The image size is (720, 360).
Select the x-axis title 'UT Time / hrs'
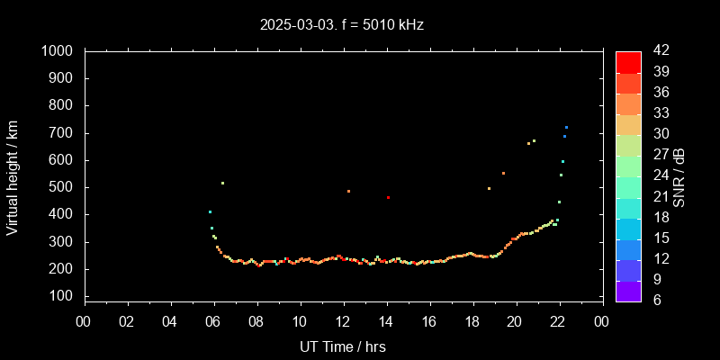[343, 346]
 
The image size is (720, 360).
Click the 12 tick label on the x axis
[343, 321]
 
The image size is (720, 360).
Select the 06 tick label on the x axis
[213, 321]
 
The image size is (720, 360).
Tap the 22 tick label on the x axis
[558, 321]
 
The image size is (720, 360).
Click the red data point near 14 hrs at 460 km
[388, 197]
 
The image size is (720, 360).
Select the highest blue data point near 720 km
[566, 128]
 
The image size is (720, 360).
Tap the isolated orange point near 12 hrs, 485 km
[348, 191]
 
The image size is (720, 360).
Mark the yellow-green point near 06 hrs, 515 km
[222, 183]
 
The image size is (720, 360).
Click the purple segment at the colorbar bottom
[628, 290]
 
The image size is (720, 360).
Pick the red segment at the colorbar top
[628, 61]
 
